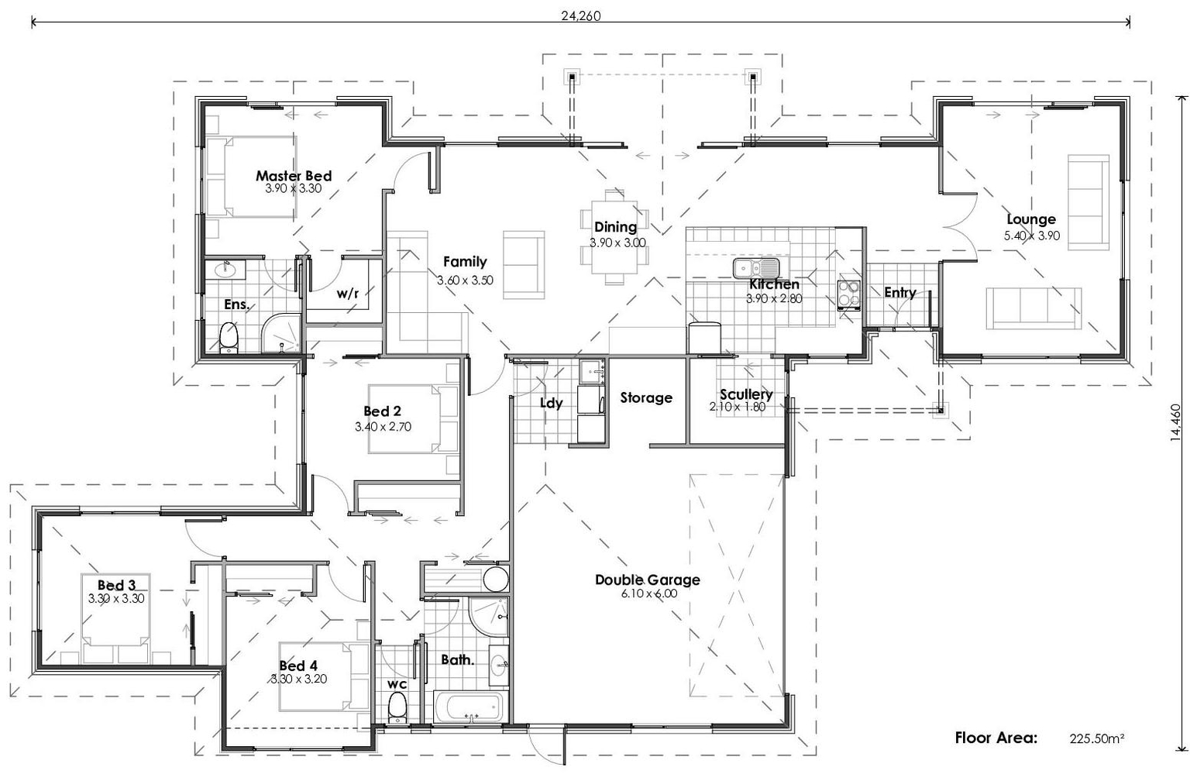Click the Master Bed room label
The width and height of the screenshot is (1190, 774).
[x=294, y=176]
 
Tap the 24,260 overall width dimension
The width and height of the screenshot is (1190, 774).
[x=581, y=15]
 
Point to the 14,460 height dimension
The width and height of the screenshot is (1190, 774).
[x=1176, y=422]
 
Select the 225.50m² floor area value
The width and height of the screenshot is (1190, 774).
[x=1097, y=738]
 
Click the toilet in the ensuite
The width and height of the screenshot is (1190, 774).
[x=229, y=338]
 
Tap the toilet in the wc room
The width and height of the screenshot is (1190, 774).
[x=397, y=708]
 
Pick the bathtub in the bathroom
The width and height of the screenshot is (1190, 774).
[x=469, y=708]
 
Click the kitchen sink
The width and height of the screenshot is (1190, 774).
[x=756, y=269]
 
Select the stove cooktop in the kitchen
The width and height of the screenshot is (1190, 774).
[x=849, y=295]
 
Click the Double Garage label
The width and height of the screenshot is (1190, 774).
[x=647, y=580]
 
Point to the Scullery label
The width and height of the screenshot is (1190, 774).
[x=745, y=394]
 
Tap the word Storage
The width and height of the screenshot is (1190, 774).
[x=646, y=397]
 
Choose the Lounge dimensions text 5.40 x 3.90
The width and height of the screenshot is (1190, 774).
[x=1032, y=236]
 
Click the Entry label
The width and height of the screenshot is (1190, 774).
[x=899, y=292]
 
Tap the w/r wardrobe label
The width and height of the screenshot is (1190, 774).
[x=347, y=294]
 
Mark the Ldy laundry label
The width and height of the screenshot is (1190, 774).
[x=551, y=403]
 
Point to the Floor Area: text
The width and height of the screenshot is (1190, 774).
[x=996, y=738]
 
